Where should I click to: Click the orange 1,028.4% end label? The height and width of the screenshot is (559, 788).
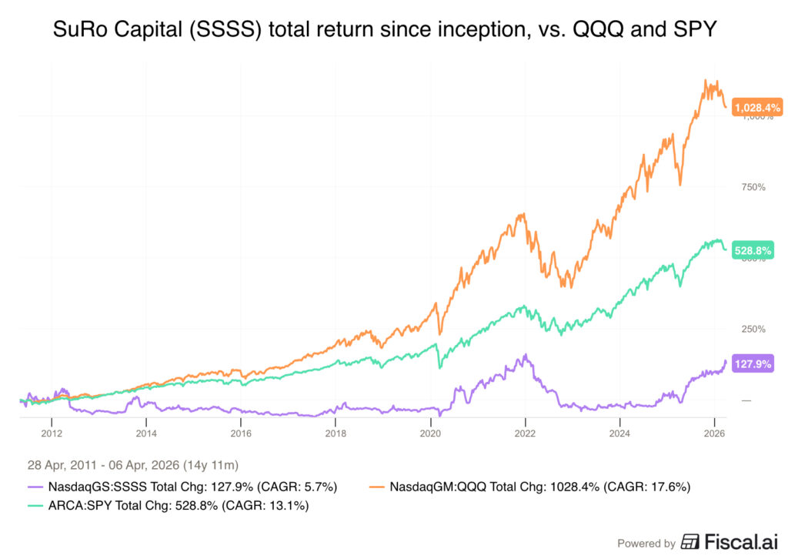[x=757, y=109]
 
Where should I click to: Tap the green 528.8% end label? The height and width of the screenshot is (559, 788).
[x=753, y=250]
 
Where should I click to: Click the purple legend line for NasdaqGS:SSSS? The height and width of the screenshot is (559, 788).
[x=33, y=486]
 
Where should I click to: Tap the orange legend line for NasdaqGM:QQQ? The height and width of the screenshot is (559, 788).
[x=379, y=486]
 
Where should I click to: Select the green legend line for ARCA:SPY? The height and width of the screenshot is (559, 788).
[x=33, y=506]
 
